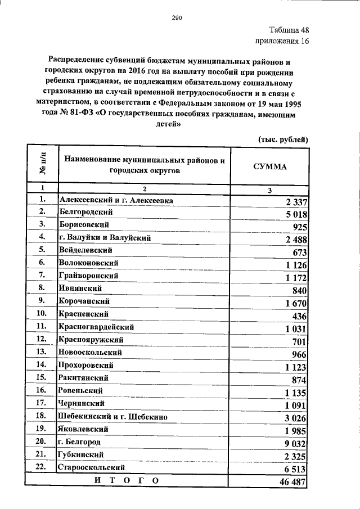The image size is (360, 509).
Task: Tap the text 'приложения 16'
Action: click(x=282, y=41)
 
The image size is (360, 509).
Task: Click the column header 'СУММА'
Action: click(x=271, y=167)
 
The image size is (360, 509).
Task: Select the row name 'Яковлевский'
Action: click(x=84, y=429)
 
